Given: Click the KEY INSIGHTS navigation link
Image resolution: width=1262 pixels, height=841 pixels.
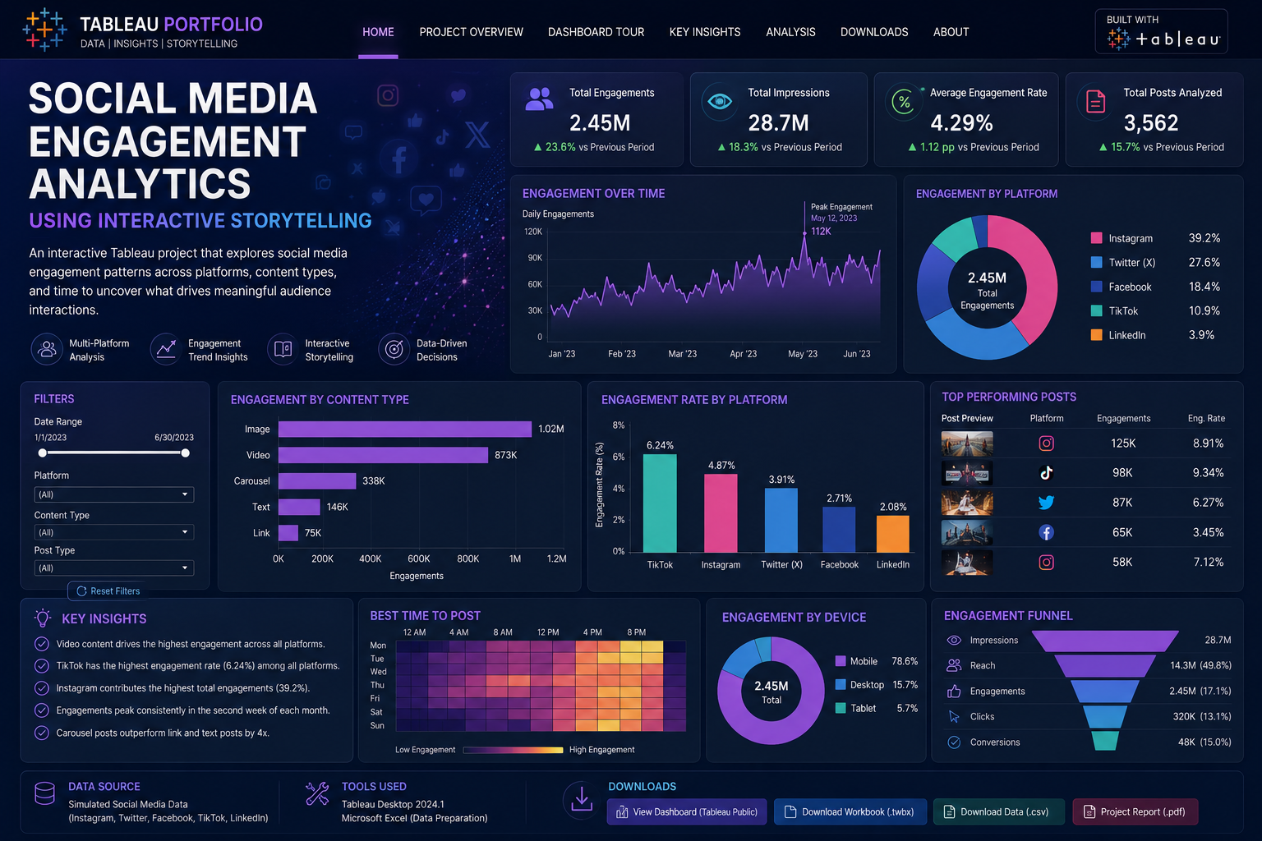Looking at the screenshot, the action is coord(705,32).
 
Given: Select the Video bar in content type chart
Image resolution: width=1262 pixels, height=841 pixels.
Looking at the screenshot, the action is coord(383,454).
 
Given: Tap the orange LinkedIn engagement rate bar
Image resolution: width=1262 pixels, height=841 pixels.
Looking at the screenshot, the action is coord(892,534).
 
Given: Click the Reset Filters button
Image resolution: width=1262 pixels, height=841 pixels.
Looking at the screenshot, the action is coord(108,591).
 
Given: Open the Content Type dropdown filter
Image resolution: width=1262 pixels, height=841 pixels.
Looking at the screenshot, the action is coord(114,532).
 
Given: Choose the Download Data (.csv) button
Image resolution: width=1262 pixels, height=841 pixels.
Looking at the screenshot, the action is coord(998,811).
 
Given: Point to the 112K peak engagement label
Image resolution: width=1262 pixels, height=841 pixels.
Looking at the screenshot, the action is coord(821,232).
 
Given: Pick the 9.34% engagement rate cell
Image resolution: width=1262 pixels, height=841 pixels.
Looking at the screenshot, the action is coord(1208,472).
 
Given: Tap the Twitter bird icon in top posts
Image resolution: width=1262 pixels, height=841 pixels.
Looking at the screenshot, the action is coord(1046,503).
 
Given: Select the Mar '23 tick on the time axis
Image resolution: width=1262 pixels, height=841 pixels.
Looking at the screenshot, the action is coord(682,354).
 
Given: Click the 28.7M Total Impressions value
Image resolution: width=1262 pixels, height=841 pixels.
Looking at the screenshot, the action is coord(778,123).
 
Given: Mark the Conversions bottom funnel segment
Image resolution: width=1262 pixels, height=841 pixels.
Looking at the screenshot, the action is coord(1105,741).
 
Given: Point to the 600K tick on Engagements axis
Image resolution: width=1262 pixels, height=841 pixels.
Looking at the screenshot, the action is coord(418,558).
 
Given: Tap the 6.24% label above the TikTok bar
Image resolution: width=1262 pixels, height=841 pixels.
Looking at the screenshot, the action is coord(660,446).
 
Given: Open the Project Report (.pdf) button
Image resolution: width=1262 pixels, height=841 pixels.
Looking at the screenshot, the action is coord(1135,811).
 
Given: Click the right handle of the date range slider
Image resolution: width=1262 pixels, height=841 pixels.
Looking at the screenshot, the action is coord(186,453).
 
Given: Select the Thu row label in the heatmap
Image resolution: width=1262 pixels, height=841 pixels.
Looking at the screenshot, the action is coord(377,685).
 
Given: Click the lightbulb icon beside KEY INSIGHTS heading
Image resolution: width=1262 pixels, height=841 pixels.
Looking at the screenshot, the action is coord(43,618).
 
